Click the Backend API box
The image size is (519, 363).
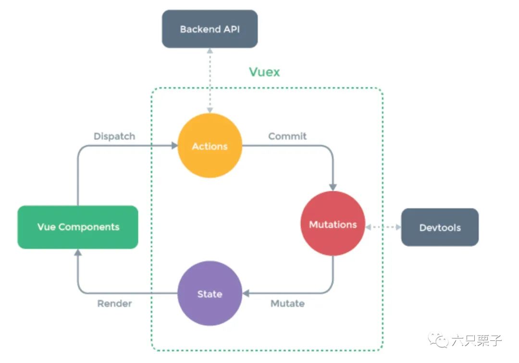tap(210, 29)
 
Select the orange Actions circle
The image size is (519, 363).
tap(210, 146)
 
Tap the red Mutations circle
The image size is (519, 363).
tap(333, 224)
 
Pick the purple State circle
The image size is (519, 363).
tap(210, 293)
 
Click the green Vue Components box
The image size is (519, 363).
tap(78, 227)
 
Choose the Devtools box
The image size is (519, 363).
tap(440, 227)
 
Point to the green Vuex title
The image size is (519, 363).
tap(264, 72)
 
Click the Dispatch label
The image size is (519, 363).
tap(114, 136)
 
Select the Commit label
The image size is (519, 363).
tap(287, 136)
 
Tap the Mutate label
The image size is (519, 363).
tap(288, 303)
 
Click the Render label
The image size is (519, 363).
tap(114, 303)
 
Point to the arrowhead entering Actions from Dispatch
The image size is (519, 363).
tap(174, 145)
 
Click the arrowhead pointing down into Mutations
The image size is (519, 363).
tap(333, 188)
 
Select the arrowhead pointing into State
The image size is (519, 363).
tap(246, 293)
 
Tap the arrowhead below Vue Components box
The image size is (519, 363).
tap(78, 252)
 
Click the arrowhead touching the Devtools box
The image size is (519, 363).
tap(398, 227)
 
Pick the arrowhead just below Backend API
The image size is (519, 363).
tap(210, 50)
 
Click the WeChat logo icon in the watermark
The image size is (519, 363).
tap(438, 340)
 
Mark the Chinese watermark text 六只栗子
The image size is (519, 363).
tap(477, 340)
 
